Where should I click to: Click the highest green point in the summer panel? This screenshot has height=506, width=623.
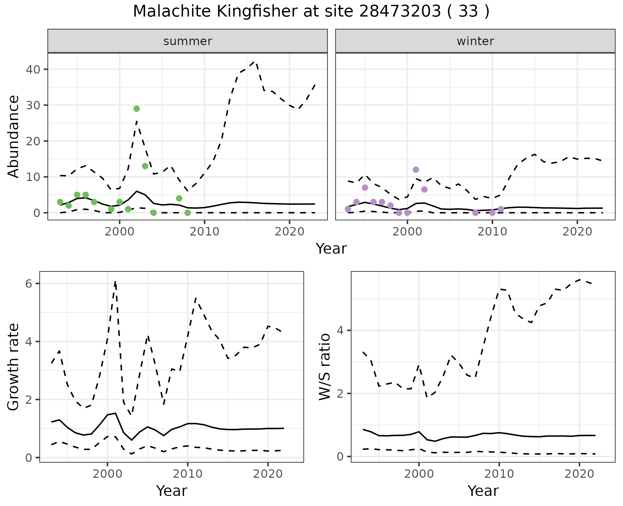[x=137, y=109]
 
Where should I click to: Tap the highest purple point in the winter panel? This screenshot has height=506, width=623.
[x=416, y=170]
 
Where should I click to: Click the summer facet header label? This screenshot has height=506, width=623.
[x=188, y=41]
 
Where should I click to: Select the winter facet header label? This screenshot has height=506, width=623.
[x=475, y=41]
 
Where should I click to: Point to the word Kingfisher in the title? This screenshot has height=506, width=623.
[x=256, y=12]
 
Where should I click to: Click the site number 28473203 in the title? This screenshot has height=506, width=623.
[x=400, y=12]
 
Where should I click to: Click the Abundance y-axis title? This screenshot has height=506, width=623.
[x=14, y=136]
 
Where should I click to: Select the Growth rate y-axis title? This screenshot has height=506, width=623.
[x=14, y=367]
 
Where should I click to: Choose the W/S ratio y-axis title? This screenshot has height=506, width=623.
[x=325, y=367]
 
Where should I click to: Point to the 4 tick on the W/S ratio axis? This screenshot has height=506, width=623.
[x=340, y=331]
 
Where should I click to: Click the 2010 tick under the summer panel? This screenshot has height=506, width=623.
[x=204, y=232]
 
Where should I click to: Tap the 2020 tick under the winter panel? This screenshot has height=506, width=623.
[x=577, y=232]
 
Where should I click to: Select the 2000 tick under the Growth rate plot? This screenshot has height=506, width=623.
[x=107, y=474]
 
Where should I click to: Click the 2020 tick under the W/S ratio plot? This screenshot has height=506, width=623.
[x=579, y=474]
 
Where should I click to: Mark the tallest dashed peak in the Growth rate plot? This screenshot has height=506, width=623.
[x=115, y=281]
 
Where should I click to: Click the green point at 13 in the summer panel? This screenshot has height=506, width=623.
[x=145, y=166]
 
